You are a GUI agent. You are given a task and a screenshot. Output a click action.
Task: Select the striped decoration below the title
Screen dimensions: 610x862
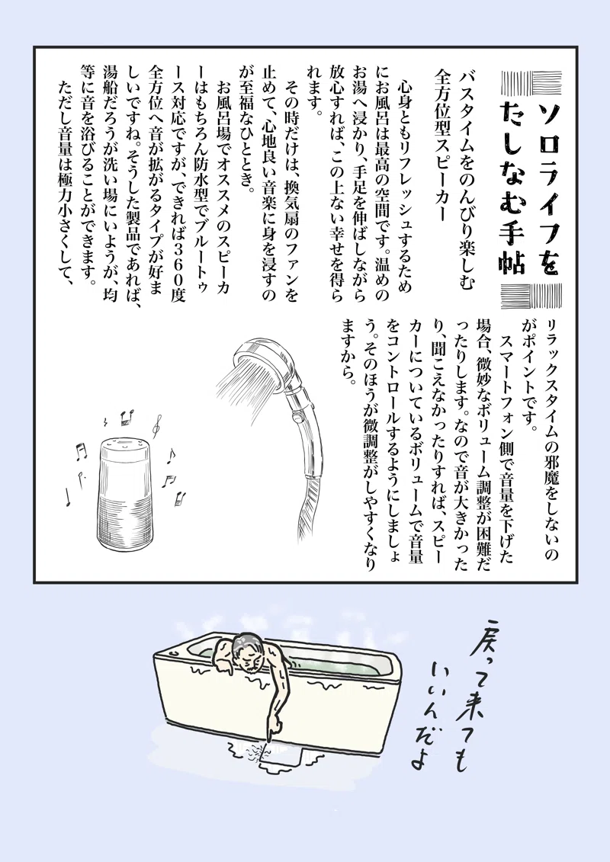tap(531, 295)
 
